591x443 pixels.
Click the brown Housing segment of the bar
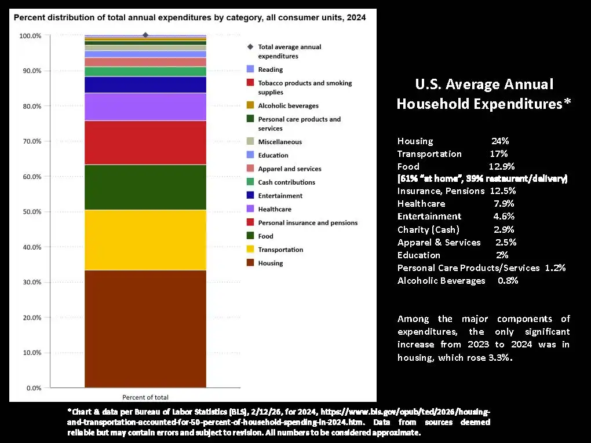pos(145,328)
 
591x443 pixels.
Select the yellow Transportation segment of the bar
pos(145,240)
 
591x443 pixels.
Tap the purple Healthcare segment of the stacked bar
pos(145,107)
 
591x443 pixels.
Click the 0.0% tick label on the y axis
pos(32,388)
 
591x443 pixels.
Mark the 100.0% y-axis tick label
pos(30,36)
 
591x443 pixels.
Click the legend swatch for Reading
pos(250,69)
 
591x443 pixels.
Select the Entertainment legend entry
pos(280,196)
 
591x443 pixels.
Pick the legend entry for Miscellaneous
pos(279,142)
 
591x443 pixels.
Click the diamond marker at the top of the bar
pos(145,35)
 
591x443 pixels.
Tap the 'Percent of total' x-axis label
pos(145,397)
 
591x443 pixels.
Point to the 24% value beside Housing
pos(500,141)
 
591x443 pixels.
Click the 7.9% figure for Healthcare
pos(504,203)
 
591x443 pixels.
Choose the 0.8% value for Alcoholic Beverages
pos(508,280)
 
